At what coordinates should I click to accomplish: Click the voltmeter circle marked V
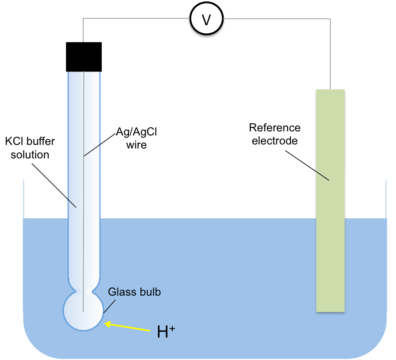tap(206, 20)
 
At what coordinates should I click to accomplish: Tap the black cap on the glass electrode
tap(84, 57)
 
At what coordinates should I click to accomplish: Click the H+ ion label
tap(165, 331)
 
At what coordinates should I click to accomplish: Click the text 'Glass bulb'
tap(134, 292)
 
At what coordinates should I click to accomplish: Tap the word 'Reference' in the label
tap(274, 128)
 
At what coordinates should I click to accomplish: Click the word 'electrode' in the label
tap(274, 141)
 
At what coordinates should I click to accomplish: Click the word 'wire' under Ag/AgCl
tap(136, 145)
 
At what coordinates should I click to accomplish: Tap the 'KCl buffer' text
tap(30, 142)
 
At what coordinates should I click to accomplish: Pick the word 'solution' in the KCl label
tap(27, 154)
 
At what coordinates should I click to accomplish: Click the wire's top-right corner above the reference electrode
tap(331, 19)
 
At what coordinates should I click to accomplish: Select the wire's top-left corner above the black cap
tap(84, 19)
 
